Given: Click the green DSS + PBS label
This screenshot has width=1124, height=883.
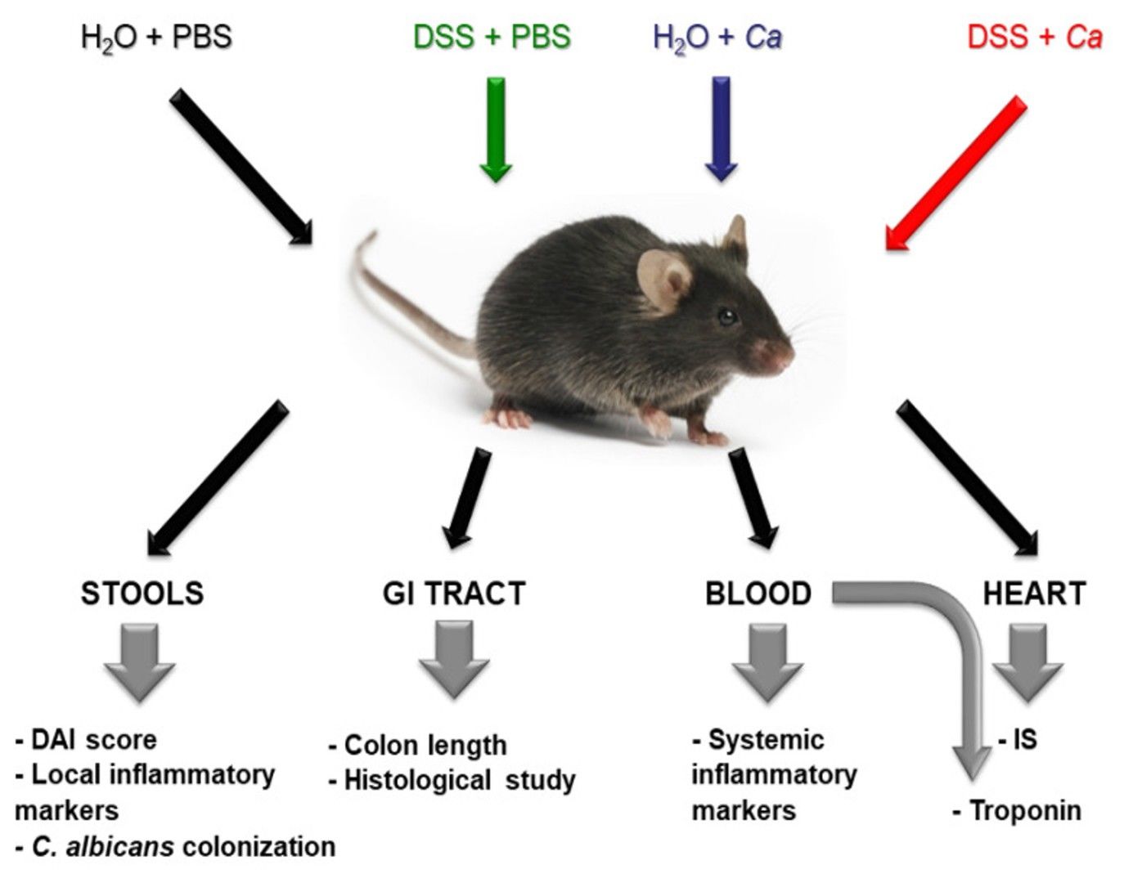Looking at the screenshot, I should pos(492,37).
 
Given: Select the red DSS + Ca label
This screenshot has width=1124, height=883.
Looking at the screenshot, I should pos(1034,37).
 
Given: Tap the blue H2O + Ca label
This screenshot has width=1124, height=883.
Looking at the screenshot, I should pos(717,37).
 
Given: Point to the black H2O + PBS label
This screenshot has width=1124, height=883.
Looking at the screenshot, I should pos(156,37).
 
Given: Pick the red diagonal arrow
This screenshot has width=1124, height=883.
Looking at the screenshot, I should pos(955,173).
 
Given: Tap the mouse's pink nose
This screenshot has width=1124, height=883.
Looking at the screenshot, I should pos(783,353).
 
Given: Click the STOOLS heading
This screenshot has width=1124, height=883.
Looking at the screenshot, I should pos(142,593).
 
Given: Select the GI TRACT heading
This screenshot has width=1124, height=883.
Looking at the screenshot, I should pos(454,593).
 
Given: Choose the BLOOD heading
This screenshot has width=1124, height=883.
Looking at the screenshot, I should pos(758,593).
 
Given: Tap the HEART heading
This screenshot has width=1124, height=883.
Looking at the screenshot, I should pos(1034,593).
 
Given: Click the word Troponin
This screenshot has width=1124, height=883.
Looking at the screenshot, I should pos(1024,810).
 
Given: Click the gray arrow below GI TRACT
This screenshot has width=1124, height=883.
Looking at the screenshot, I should pos(454,659).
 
